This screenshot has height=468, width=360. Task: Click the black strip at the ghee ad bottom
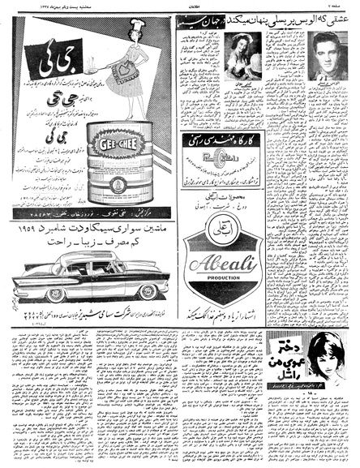tap(92, 208)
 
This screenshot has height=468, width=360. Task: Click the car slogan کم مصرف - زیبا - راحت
tap(89, 243)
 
